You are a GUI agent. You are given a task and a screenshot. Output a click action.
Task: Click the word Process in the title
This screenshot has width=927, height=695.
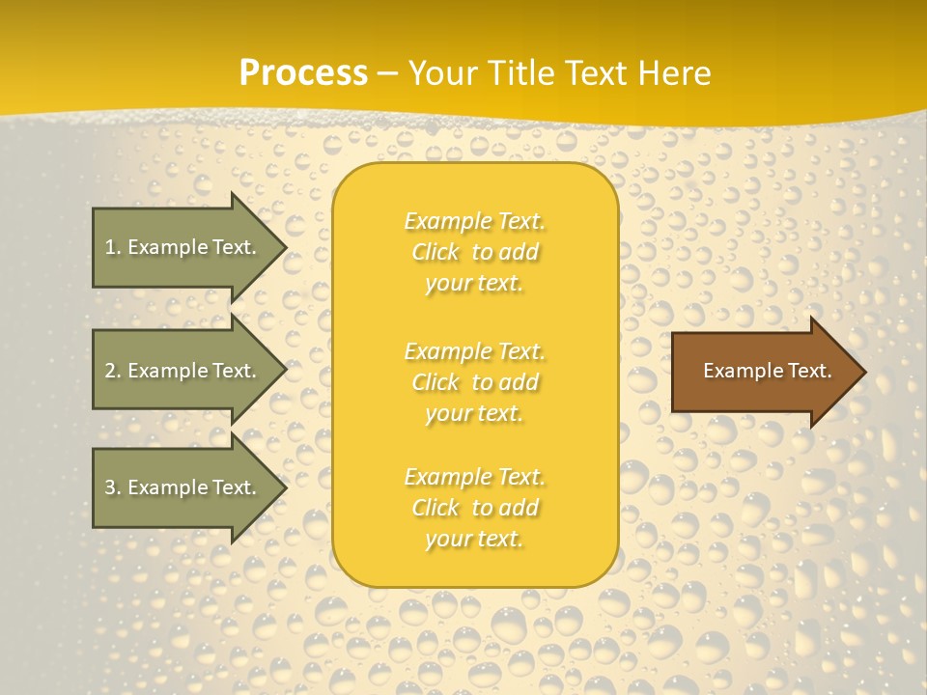click(x=303, y=73)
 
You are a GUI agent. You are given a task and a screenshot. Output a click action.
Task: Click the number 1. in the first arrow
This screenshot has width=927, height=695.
click(x=113, y=247)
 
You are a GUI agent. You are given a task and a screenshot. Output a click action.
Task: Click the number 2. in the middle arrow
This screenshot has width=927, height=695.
click(x=113, y=371)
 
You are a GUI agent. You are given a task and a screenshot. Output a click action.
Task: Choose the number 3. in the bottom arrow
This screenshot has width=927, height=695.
click(x=113, y=487)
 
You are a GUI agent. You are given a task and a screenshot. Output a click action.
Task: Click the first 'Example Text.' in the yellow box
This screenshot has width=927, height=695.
click(x=474, y=221)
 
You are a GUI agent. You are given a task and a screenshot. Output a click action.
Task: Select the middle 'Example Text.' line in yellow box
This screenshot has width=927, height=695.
click(x=474, y=350)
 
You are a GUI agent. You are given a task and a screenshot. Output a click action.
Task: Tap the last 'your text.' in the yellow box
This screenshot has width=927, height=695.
click(x=474, y=539)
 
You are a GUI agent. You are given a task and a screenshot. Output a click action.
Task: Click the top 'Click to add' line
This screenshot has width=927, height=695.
click(x=474, y=252)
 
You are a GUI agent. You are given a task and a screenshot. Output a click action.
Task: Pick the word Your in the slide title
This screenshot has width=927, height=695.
click(x=440, y=73)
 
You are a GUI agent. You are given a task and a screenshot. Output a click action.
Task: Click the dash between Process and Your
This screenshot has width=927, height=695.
click(x=387, y=73)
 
